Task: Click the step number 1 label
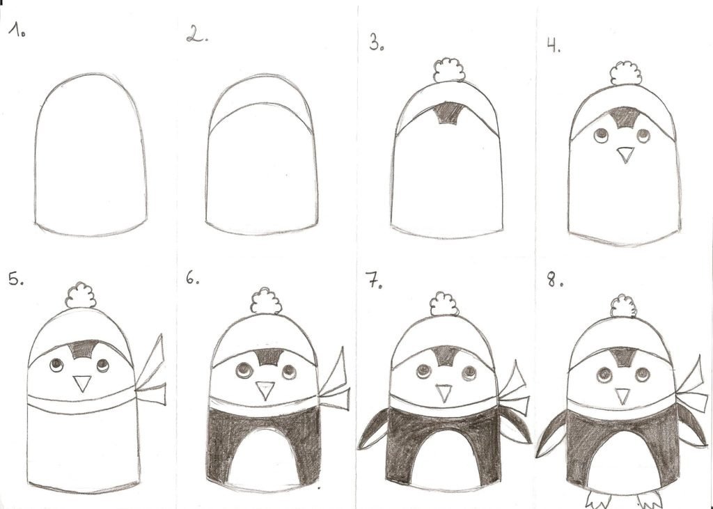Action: [17, 30]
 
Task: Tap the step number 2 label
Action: [197, 34]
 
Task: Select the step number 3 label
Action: [376, 42]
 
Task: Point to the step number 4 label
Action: [554, 45]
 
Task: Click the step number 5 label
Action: [16, 279]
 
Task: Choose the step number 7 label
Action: [374, 280]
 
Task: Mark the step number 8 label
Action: [555, 280]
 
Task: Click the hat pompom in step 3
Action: [449, 70]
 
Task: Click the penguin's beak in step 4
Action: [626, 155]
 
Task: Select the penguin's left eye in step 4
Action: [601, 135]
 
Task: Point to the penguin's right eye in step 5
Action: [103, 365]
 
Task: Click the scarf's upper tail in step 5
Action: [150, 360]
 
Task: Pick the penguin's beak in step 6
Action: [265, 390]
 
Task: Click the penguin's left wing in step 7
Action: [373, 429]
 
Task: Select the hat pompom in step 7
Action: [444, 304]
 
